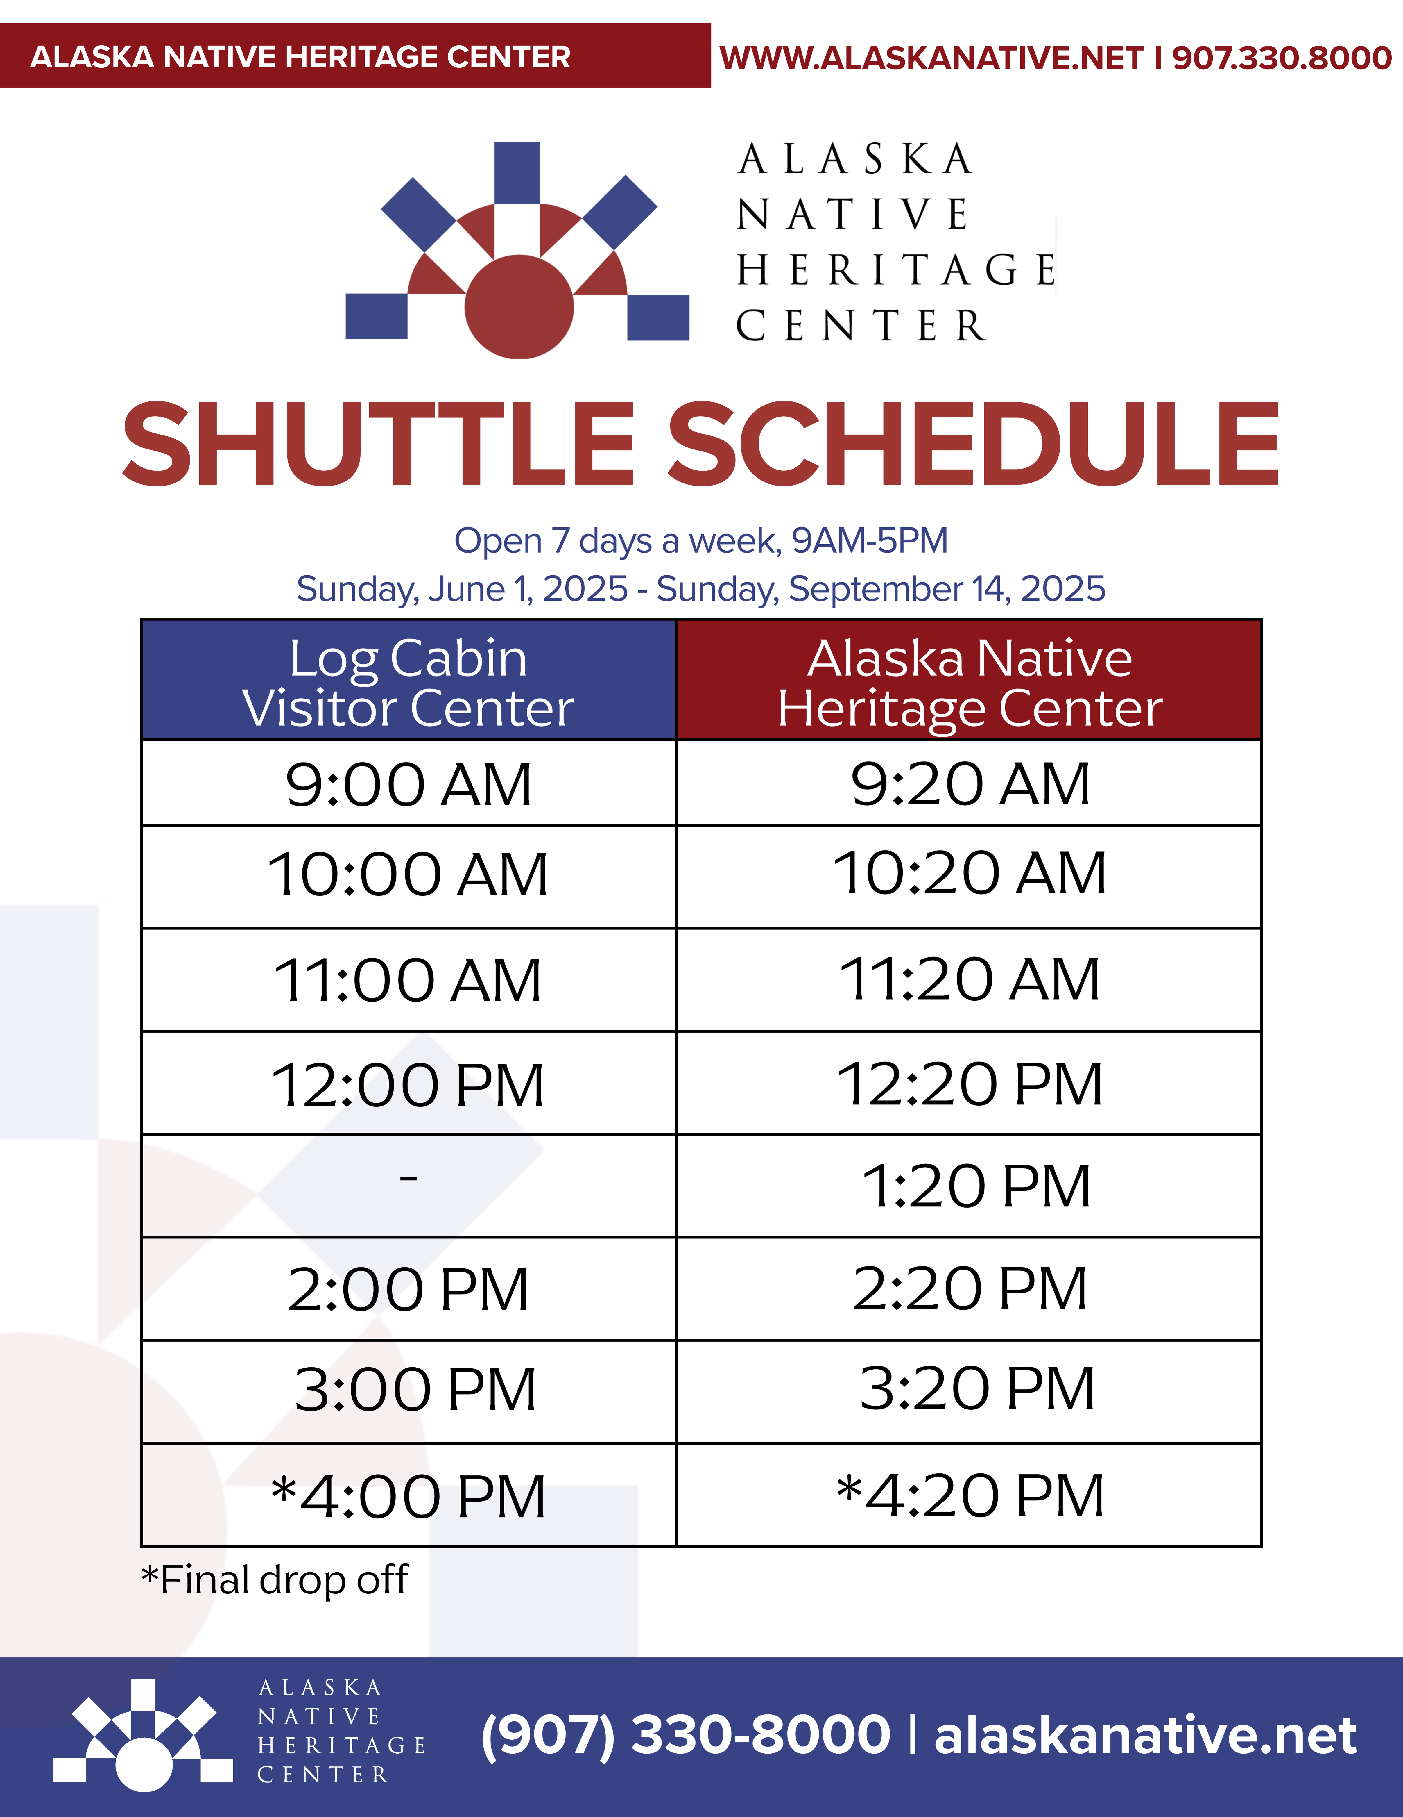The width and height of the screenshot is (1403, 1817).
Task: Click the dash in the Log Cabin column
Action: click(408, 1177)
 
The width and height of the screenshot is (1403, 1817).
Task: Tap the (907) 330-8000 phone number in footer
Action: click(685, 1735)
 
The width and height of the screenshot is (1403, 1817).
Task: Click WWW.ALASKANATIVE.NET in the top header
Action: click(931, 57)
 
